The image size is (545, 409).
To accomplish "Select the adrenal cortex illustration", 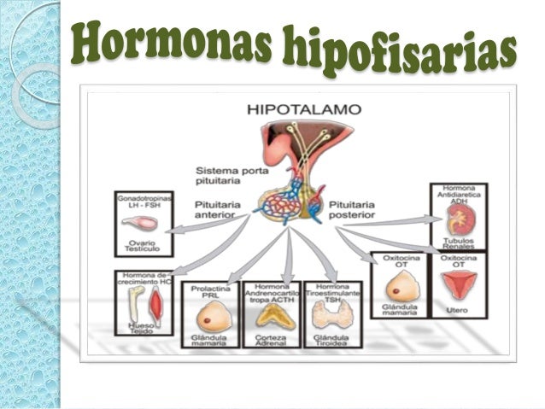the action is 271,316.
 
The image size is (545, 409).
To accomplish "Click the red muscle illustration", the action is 155,303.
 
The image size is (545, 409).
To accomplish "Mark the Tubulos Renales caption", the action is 459,245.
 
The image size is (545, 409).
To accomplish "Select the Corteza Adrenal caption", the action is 271,340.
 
